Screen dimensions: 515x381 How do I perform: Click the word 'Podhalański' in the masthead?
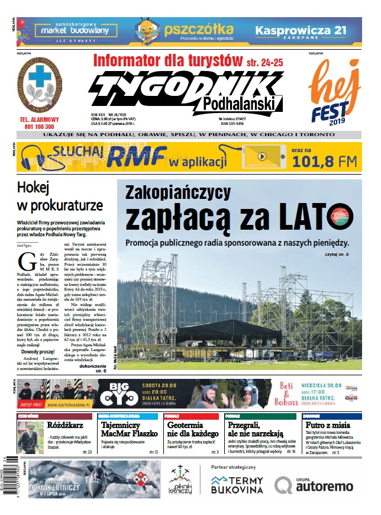click(238, 104)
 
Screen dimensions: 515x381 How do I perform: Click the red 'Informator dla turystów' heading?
click(169, 61)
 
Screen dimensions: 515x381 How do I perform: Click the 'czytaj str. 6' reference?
click(338, 255)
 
